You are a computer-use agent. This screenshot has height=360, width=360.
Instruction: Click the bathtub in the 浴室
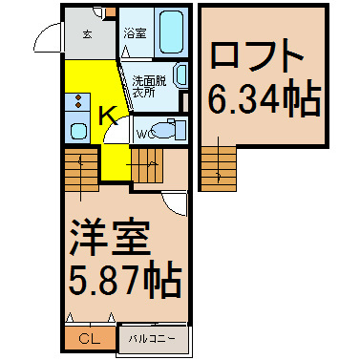pyautogui.click(x=171, y=32)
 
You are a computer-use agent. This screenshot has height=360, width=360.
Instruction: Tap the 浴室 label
pyautogui.click(x=136, y=33)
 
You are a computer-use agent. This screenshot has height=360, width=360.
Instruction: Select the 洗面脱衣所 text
pyautogui.click(x=149, y=87)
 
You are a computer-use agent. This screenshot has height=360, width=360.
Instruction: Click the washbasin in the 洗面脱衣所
pyautogui.click(x=180, y=75)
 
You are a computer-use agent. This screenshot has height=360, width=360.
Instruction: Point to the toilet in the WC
pyautogui.click(x=167, y=130)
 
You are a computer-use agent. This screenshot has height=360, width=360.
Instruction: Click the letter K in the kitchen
pyautogui.click(x=109, y=116)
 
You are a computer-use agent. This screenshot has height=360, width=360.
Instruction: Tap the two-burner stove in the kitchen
pyautogui.click(x=77, y=100)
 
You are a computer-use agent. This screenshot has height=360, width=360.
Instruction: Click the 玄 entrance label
pyautogui.click(x=88, y=34)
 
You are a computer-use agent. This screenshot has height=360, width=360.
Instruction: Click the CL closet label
pyautogui.click(x=90, y=339)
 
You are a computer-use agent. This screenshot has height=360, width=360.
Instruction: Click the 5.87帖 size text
pyautogui.click(x=125, y=280)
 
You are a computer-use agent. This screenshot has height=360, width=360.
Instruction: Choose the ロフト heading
pyautogui.click(x=257, y=54)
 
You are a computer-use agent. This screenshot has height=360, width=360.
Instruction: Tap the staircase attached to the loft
pyautogui.click(x=219, y=168)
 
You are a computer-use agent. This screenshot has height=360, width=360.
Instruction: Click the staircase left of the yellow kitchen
pyautogui.click(x=81, y=169)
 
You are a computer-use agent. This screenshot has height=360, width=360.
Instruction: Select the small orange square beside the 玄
pyautogui.click(x=111, y=12)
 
